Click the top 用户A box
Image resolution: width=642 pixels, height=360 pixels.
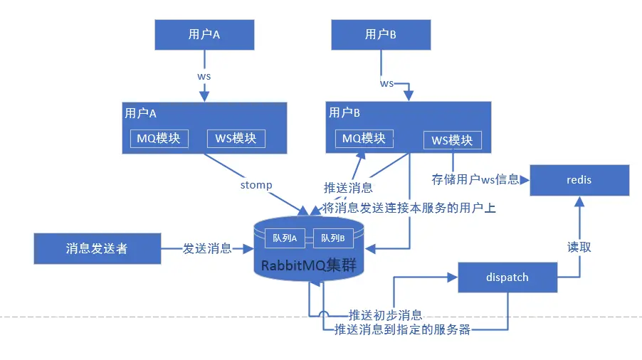pyautogui.click(x=204, y=34)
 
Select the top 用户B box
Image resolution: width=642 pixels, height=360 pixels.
pyautogui.click(x=381, y=34)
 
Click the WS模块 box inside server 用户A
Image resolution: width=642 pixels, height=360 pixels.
pyautogui.click(x=236, y=138)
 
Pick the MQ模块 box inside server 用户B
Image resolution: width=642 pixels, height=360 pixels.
pyautogui.click(x=364, y=138)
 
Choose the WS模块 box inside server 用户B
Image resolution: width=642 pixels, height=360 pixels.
pyautogui.click(x=452, y=140)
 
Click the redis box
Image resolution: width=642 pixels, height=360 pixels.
pyautogui.click(x=579, y=180)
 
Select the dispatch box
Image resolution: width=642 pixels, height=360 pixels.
pyautogui.click(x=507, y=277)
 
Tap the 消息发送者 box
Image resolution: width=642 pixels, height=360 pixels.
pyautogui.click(x=97, y=248)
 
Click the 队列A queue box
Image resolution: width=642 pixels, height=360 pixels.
pyautogui.click(x=285, y=238)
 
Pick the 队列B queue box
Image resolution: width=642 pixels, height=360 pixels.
pyautogui.click(x=332, y=238)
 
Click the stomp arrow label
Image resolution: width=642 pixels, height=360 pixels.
pyautogui.click(x=256, y=185)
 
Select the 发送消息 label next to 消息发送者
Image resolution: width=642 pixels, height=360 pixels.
pyautogui.click(x=207, y=248)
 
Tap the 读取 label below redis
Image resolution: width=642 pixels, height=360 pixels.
pyautogui.click(x=579, y=247)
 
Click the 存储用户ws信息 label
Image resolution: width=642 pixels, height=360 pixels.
pyautogui.click(x=475, y=179)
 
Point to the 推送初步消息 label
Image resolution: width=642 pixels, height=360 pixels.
pyautogui.click(x=385, y=314)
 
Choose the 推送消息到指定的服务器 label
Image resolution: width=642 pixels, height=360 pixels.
pyautogui.click(x=402, y=329)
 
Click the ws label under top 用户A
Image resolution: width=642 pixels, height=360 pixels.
pyautogui.click(x=204, y=75)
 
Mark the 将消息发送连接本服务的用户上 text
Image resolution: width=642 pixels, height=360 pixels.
pyautogui.click(x=409, y=208)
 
